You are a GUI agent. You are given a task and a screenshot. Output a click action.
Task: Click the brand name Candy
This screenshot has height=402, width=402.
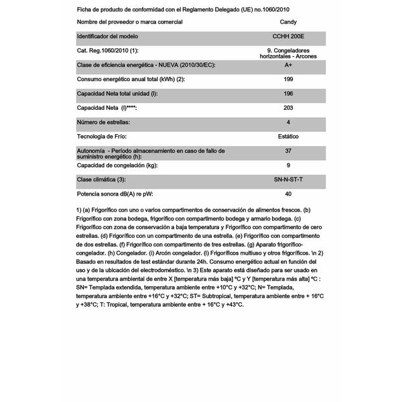click(x=289, y=22)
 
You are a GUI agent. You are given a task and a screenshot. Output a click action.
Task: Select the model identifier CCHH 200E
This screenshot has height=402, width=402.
click(x=289, y=37)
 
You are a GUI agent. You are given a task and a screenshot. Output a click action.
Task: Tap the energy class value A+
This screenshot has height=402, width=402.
click(x=288, y=66)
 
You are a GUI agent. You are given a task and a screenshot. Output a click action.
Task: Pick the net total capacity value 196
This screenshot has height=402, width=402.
click(x=288, y=94)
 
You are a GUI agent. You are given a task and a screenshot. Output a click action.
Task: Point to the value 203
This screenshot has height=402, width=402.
click(x=288, y=109)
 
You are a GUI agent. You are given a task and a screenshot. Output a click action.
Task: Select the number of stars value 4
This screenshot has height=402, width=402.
click(x=288, y=123)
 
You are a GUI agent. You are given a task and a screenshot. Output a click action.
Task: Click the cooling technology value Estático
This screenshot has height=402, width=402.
click(x=288, y=137)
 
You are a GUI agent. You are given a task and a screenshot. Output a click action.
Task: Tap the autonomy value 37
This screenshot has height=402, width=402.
click(x=288, y=151)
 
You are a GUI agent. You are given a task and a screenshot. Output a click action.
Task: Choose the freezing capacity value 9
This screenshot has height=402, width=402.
click(x=288, y=165)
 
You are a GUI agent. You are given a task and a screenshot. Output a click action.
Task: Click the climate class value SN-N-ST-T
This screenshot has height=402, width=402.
click(x=288, y=180)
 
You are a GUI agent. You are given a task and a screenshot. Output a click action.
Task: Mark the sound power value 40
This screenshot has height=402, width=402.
click(x=288, y=194)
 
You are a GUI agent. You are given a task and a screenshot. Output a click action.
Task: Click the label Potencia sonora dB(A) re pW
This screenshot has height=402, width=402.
click(x=125, y=194)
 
